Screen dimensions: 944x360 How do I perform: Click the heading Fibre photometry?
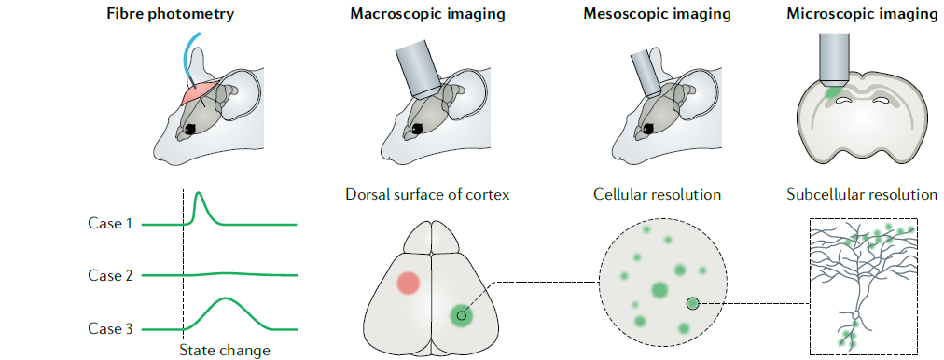click(x=171, y=14)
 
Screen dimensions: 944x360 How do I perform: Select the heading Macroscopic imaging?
click(x=427, y=14)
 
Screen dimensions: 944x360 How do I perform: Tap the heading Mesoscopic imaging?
click(x=657, y=14)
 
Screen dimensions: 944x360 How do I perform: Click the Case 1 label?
click(x=110, y=224)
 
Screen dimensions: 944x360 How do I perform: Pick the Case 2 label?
click(x=110, y=275)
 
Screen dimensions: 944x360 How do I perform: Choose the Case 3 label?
click(x=110, y=328)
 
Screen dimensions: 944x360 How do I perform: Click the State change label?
click(x=225, y=351)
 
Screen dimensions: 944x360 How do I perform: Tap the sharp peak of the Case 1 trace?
click(x=199, y=193)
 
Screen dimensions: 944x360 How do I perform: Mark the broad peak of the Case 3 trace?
click(x=225, y=298)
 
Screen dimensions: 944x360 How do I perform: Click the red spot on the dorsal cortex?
click(x=408, y=283)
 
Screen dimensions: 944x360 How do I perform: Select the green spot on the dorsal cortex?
click(x=462, y=315)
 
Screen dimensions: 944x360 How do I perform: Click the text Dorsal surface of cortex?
click(x=427, y=195)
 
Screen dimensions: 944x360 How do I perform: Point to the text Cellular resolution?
click(x=657, y=195)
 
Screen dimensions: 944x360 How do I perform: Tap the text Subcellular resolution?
click(x=862, y=195)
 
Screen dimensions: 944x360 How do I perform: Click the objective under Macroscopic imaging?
click(x=420, y=67)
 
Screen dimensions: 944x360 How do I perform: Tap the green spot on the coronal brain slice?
click(x=833, y=92)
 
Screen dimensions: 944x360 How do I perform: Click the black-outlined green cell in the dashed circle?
click(x=693, y=303)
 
